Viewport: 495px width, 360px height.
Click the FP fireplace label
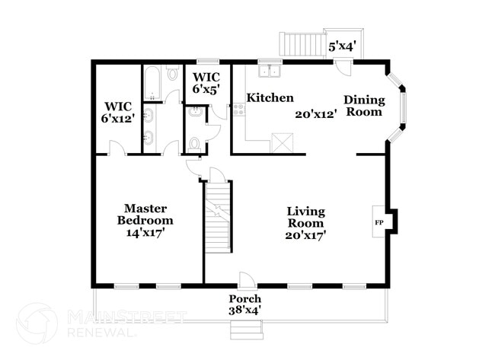pyautogui.click(x=378, y=222)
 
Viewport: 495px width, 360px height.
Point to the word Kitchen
pyautogui.click(x=270, y=97)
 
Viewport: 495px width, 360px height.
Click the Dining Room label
pyautogui.click(x=363, y=106)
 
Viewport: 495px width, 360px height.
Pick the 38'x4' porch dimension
pyautogui.click(x=245, y=311)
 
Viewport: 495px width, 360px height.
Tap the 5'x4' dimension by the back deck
pyautogui.click(x=342, y=47)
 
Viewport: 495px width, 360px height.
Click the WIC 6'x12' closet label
pyautogui.click(x=118, y=111)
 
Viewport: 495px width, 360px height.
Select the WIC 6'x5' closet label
pyautogui.click(x=207, y=83)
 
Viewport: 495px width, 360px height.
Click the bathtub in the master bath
pyautogui.click(x=151, y=84)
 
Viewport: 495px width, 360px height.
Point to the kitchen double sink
pyautogui.click(x=269, y=72)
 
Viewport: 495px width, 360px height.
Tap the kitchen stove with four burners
pyautogui.click(x=238, y=111)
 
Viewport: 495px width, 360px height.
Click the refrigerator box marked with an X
pyautogui.click(x=282, y=142)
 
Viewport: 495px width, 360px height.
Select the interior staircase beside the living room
pyautogui.click(x=218, y=218)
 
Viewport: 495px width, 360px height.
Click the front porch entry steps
pyautogui.click(x=245, y=330)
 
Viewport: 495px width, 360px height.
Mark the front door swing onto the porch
pyautogui.click(x=245, y=279)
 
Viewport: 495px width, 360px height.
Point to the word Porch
pyautogui.click(x=245, y=299)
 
